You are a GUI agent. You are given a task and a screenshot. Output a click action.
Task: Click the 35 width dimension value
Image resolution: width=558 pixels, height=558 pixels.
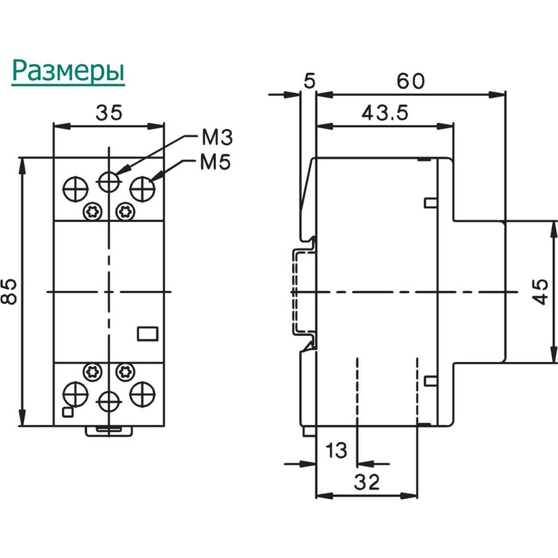(x=109, y=113)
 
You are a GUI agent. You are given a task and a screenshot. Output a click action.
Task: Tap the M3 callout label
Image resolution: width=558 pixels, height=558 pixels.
(x=217, y=137)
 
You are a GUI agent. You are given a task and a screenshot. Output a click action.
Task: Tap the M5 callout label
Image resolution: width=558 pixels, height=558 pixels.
(x=215, y=162)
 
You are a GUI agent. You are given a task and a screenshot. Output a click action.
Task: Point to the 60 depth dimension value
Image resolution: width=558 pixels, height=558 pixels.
(x=411, y=81)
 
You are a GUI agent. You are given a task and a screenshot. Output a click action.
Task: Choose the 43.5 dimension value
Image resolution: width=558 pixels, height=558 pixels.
(x=385, y=113)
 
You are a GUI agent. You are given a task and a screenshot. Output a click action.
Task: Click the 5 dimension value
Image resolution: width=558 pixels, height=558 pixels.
(x=310, y=81)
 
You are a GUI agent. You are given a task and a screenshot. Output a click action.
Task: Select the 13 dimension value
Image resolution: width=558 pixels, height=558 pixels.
(x=336, y=450)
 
